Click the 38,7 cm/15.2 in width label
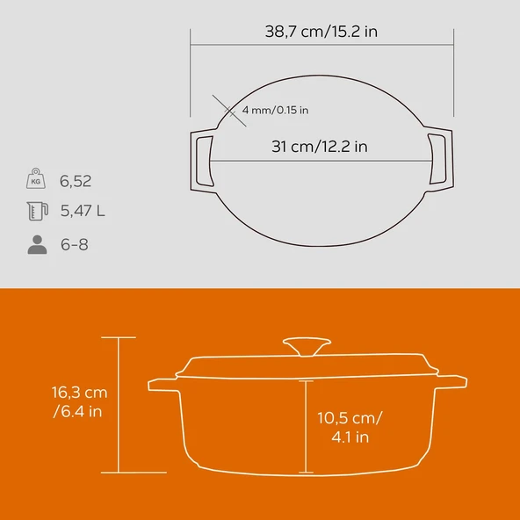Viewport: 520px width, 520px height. coord(322,32)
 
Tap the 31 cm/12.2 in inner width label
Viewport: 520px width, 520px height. coord(318,147)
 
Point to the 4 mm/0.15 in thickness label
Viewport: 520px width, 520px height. coord(268,110)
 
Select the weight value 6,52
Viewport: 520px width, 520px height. coord(76,182)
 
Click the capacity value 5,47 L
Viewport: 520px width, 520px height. coord(83,211)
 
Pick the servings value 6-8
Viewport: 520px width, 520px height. coord(74,244)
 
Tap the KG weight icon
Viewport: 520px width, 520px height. coord(36,179)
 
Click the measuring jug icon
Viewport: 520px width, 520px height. coord(36,211)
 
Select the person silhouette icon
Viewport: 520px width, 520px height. coord(36,244)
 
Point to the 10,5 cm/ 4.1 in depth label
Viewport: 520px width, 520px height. coord(350,426)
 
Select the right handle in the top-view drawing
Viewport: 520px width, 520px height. coord(439,158)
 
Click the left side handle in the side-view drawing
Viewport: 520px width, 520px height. coord(160,384)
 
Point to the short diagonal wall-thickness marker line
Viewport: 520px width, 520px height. coord(220,109)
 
